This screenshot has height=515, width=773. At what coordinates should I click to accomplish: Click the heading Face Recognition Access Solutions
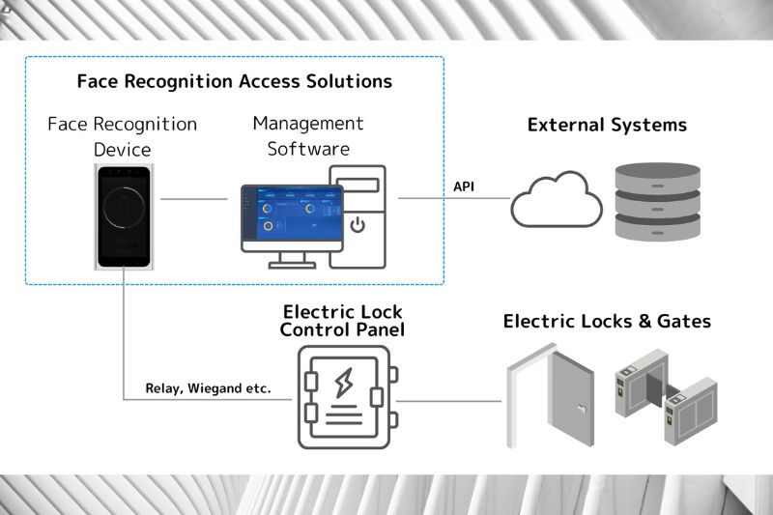click(235, 80)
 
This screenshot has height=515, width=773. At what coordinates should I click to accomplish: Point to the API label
click(465, 186)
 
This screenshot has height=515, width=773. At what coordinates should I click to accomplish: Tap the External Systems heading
click(607, 126)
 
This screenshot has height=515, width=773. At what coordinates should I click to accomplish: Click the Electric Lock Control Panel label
click(342, 321)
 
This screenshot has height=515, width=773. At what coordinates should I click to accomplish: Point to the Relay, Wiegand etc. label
click(208, 388)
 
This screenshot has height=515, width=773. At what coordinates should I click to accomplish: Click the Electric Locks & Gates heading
click(607, 321)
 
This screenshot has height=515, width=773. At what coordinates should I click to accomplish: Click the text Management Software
click(308, 136)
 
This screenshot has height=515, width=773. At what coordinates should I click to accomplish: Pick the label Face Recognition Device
click(123, 137)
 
